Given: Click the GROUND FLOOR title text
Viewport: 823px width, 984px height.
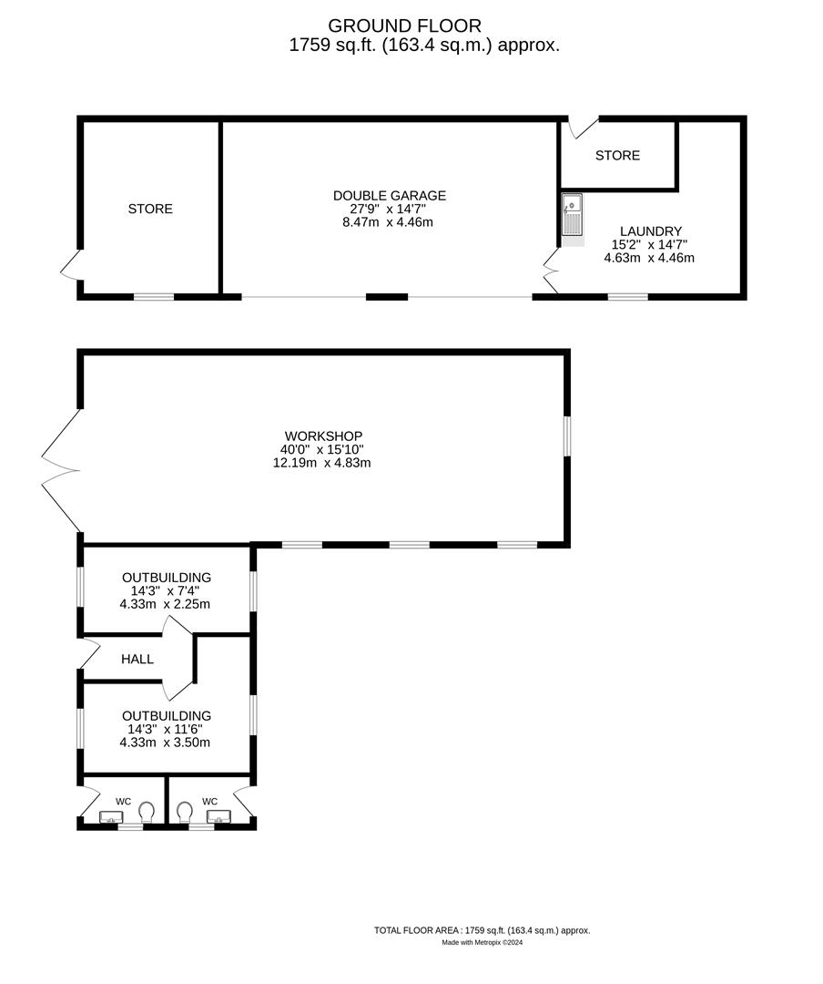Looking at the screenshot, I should click(x=405, y=26).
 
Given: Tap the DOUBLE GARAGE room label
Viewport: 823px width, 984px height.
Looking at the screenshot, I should click(x=389, y=195).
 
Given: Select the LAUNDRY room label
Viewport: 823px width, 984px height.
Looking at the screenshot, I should click(x=650, y=231).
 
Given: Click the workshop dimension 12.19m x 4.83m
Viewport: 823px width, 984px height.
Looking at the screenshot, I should click(x=323, y=462).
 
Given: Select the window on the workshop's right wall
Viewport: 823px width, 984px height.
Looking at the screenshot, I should click(x=566, y=436).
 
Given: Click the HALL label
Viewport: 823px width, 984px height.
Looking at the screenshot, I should click(x=137, y=659).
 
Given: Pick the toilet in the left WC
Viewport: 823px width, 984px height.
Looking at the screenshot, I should click(x=147, y=810).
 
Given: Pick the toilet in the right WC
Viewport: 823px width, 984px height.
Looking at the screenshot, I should click(x=186, y=810).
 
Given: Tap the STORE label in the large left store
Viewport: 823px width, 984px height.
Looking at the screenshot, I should click(x=150, y=209).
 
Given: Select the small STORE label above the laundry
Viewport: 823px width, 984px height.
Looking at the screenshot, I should click(x=617, y=156).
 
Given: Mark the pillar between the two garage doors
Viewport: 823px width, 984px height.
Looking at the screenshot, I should click(x=387, y=296).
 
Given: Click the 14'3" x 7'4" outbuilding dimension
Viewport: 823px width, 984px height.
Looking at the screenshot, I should click(x=166, y=590).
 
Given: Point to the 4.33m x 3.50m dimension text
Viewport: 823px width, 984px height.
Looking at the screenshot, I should click(x=165, y=742).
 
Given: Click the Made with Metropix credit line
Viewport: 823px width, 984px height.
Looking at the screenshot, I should click(x=482, y=943).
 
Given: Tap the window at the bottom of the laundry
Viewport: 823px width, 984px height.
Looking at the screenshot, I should click(x=628, y=296).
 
